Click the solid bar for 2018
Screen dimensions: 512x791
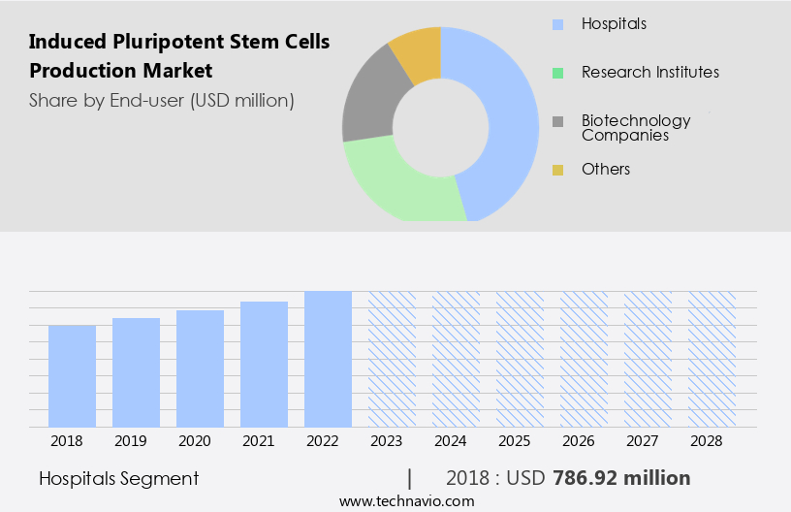click(x=72, y=376)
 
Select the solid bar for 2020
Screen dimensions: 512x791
click(x=200, y=368)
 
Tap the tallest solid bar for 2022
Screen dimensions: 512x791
click(x=328, y=359)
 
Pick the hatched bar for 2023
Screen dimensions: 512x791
click(x=392, y=359)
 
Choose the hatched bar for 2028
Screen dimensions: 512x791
click(x=712, y=359)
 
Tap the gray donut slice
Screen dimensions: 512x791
click(x=365, y=108)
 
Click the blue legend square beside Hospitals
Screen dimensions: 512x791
click(x=557, y=23)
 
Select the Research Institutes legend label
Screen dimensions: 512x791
click(x=649, y=72)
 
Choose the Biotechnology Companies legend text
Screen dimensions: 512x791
click(x=636, y=128)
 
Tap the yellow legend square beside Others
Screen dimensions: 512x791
click(x=557, y=170)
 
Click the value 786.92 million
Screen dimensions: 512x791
click(x=621, y=478)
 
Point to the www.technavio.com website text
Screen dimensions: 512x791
click(x=406, y=500)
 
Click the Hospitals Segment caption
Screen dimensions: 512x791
click(x=119, y=478)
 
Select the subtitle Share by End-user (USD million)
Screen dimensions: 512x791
click(x=161, y=100)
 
